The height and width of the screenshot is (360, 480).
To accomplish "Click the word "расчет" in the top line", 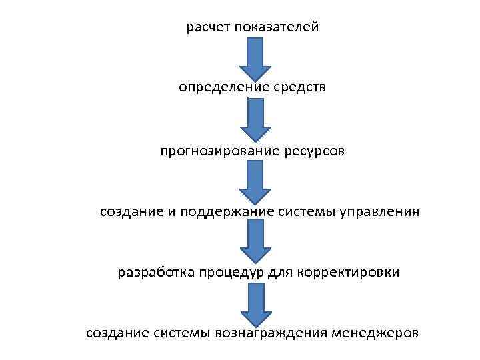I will click(x=206, y=27).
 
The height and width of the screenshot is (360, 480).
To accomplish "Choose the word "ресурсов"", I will click(x=314, y=151).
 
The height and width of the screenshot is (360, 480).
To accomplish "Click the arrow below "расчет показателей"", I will click(x=255, y=58).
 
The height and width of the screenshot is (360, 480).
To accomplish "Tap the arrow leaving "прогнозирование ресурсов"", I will click(x=255, y=181).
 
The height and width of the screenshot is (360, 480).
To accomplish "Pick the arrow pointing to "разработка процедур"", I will click(x=255, y=241).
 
